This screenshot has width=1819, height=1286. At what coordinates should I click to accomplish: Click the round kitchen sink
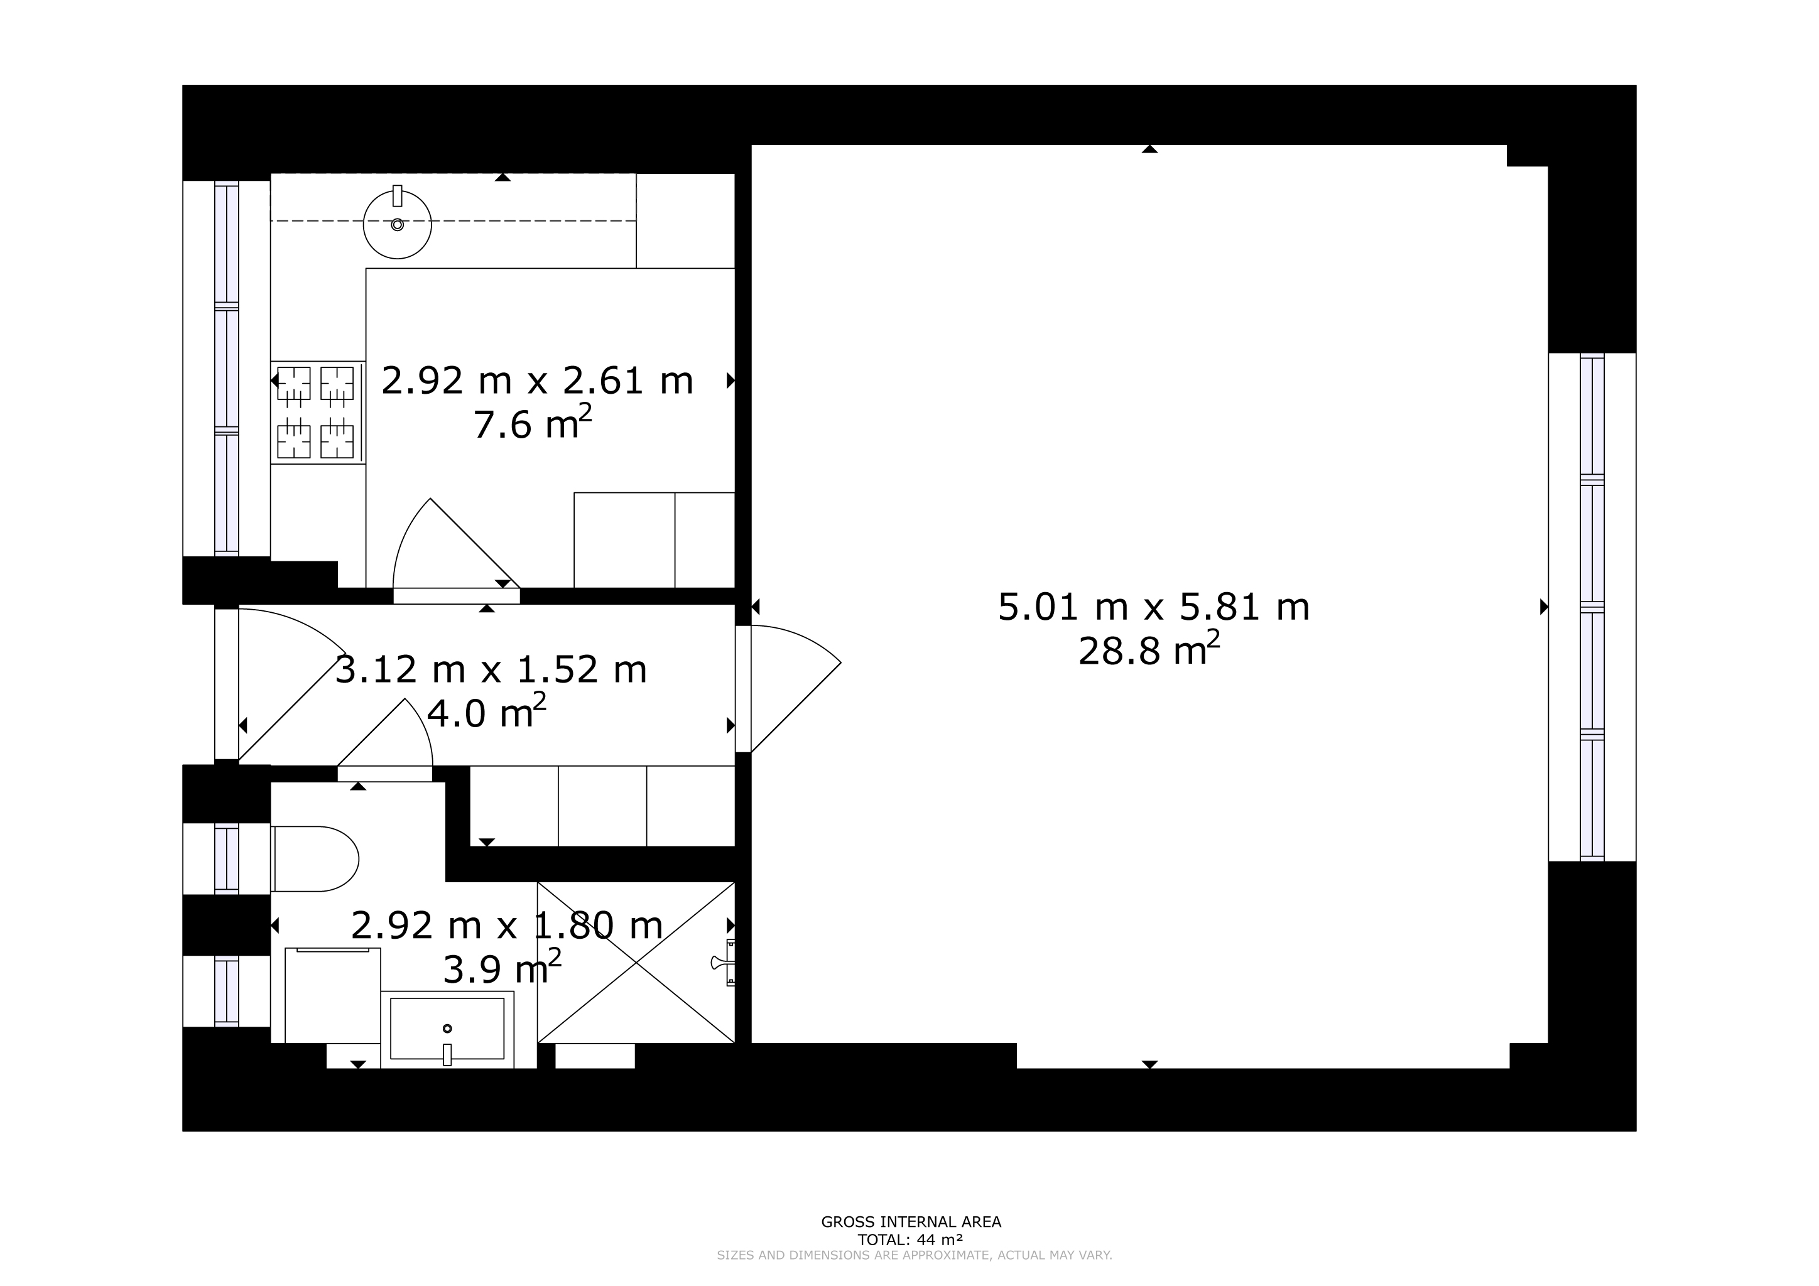pos(397,224)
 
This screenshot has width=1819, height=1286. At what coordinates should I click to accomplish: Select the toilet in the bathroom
pos(315,859)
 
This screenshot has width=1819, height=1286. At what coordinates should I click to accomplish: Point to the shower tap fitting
pos(724,962)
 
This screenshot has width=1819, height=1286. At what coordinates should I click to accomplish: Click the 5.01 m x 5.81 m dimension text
pos(1153,607)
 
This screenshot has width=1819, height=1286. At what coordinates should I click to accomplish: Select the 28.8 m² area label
pos(1149,650)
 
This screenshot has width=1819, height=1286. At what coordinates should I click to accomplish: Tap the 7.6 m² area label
pos(533,423)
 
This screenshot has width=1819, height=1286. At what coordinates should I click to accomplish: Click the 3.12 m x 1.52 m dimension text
pos(491,669)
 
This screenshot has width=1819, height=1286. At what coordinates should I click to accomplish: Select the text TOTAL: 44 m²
pos(910,1240)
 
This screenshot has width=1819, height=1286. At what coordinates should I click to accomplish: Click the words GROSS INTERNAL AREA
pos(911,1222)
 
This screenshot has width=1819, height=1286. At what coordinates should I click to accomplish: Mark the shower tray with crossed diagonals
pos(636,962)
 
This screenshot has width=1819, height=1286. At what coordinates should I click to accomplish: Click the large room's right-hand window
pos(1592,607)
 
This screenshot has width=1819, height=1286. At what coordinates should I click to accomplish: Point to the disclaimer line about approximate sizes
pos(915,1255)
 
